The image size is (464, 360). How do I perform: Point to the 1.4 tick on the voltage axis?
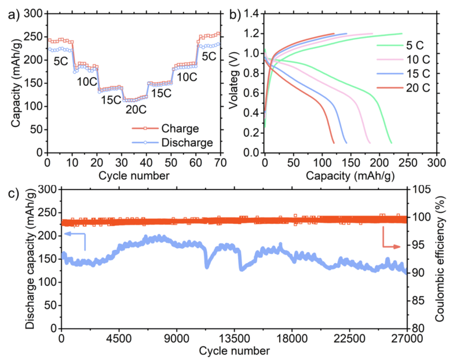click(x=251, y=13)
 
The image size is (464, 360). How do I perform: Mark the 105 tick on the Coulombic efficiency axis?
click(x=422, y=190)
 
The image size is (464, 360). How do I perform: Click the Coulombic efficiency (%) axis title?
click(x=452, y=258)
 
